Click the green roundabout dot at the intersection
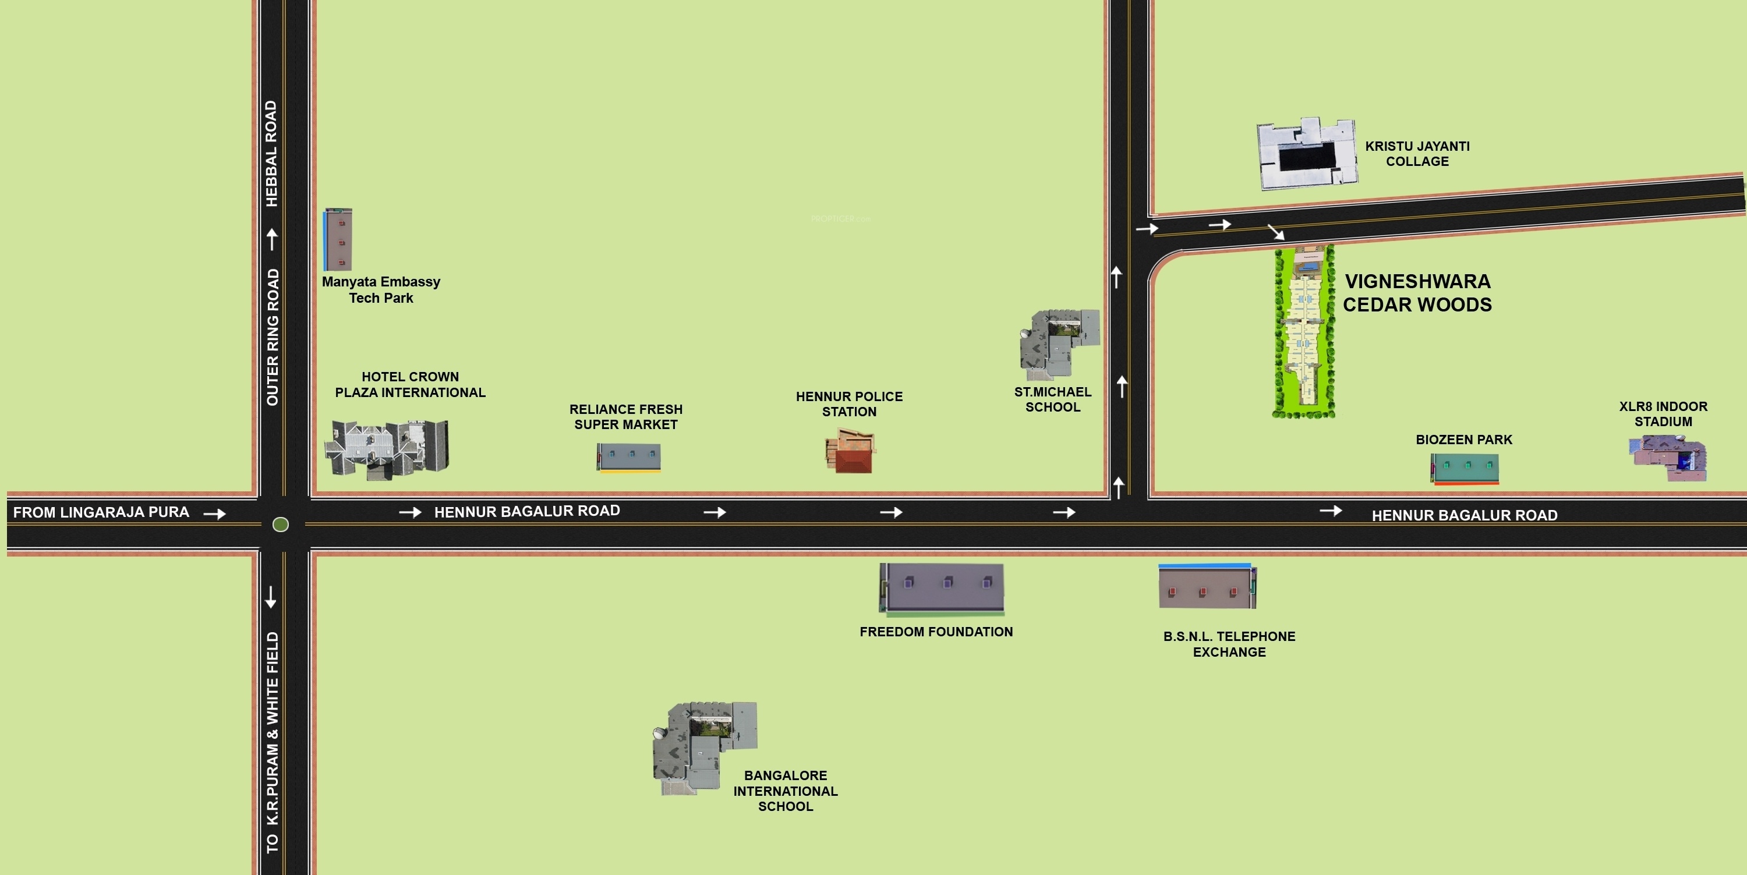pos(280,524)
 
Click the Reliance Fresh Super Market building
pos(629,457)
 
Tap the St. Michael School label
pos(1052,399)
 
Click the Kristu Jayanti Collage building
pos(1306,154)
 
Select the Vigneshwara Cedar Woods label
pos(1417,293)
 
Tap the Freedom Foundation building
pos(942,587)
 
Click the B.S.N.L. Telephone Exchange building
pos(1207,586)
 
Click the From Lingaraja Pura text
pos(101,512)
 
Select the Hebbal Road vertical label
pos(271,154)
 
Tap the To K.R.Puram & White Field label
pos(272,742)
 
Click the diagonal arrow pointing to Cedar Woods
pos(1276,232)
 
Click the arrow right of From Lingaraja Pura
pos(215,513)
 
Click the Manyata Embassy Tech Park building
pos(338,240)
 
